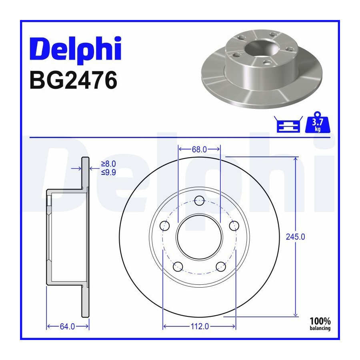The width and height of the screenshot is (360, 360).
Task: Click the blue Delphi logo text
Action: pyautogui.click(x=76, y=50)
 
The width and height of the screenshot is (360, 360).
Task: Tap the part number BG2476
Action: pyautogui.click(x=74, y=80)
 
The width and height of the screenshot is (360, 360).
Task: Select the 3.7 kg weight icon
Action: pyautogui.click(x=317, y=122)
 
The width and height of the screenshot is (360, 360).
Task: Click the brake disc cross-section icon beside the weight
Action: pyautogui.click(x=288, y=124)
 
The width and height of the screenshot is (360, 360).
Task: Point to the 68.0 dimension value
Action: pyautogui.click(x=199, y=150)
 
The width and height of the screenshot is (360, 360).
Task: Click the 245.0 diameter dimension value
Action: pyautogui.click(x=296, y=237)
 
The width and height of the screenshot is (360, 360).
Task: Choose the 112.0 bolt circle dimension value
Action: pyautogui.click(x=200, y=326)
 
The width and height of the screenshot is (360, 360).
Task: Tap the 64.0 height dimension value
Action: pyautogui.click(x=67, y=326)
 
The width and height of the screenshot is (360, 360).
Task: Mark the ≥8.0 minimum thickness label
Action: pyautogui.click(x=108, y=164)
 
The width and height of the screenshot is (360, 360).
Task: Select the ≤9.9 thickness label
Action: pyautogui.click(x=108, y=172)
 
